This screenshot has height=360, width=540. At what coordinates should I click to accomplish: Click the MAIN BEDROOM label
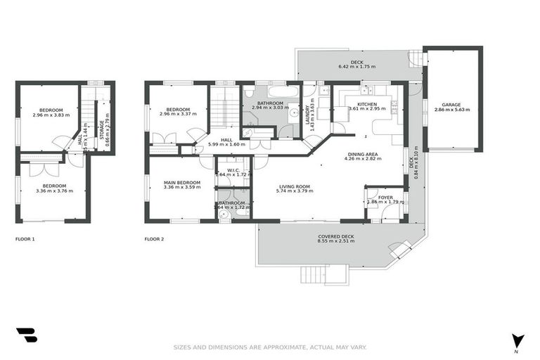pos(181,182)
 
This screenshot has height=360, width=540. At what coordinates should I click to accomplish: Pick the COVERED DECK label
pos(335,236)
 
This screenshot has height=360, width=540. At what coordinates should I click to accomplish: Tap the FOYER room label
pos(385,197)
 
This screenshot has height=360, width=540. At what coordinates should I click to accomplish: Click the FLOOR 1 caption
pos(25,239)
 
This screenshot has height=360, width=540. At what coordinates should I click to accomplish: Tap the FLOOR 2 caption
pos(154,239)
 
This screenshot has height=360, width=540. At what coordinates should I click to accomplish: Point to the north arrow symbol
pos(517,340)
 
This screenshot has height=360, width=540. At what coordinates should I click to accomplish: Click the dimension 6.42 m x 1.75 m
pos(356,67)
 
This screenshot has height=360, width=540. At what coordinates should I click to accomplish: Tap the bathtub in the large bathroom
pos(262,92)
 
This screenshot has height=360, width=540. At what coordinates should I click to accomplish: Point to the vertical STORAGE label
pos(107,127)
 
